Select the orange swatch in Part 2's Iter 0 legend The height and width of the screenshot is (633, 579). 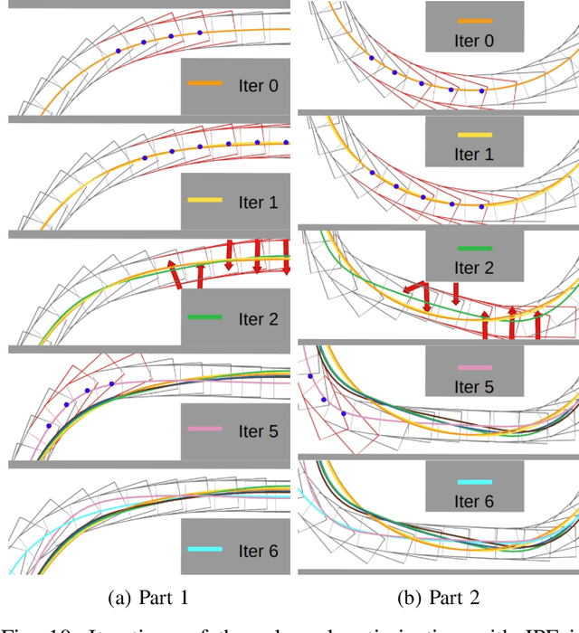(474, 20)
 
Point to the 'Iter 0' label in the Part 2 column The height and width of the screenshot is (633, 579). (474, 41)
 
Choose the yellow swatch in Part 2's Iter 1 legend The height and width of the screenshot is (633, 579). (474, 134)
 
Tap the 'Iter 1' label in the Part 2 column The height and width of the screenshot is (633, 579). (474, 155)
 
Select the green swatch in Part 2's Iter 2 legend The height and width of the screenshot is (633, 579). (474, 247)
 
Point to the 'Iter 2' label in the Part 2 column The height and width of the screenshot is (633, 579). (474, 268)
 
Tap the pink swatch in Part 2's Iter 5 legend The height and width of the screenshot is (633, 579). (474, 368)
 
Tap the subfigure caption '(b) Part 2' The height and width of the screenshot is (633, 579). (439, 596)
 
